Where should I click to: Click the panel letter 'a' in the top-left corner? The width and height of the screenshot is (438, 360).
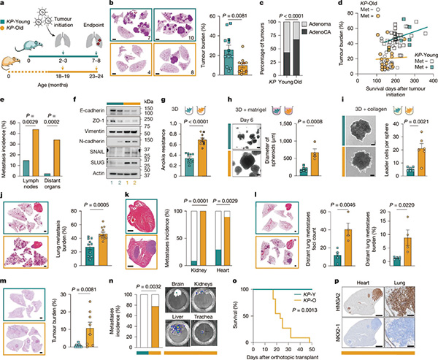(x=4, y=5)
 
